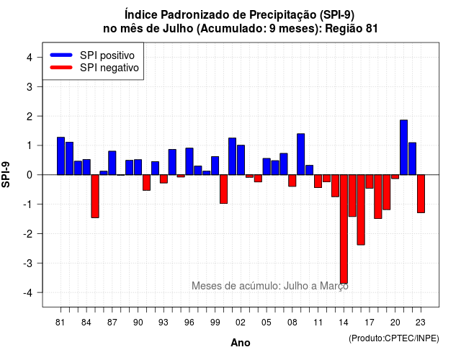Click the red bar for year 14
point(344,229)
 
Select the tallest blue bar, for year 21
point(403,147)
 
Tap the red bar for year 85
point(95,197)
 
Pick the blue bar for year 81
point(61,156)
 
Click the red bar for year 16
point(361,210)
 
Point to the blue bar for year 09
point(301,154)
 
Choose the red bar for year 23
point(421,194)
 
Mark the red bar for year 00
point(224,189)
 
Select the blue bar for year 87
point(112,163)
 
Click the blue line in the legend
point(61,55)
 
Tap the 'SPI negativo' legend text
point(109,68)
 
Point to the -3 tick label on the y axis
point(29,264)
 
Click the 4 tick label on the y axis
point(30,58)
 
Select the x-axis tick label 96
point(189,323)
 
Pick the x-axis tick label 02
point(241,323)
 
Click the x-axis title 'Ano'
point(241,343)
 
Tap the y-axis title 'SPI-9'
point(6,175)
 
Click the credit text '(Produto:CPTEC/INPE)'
point(394,338)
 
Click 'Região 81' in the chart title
point(351,29)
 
